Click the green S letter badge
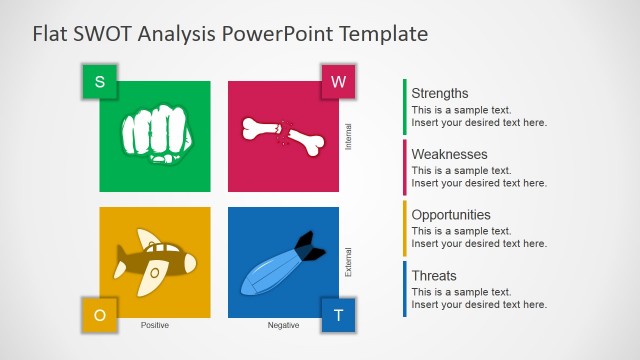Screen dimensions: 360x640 tap(99, 82)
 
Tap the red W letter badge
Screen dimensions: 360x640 tap(338, 82)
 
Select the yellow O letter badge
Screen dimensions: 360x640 tap(99, 315)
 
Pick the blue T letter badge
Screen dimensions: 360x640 tap(338, 315)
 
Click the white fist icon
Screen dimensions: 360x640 tap(154, 137)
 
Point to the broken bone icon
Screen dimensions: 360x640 tap(283, 136)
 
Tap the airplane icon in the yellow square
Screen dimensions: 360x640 tap(154, 263)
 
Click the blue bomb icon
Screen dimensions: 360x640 tap(282, 263)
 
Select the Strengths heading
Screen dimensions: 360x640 tap(440, 93)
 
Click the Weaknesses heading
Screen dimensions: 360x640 tap(450, 154)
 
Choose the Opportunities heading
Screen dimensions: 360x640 tap(451, 214)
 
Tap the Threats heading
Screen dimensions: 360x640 tap(434, 275)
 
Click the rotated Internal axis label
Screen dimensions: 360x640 tap(348, 136)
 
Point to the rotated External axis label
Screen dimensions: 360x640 tap(348, 262)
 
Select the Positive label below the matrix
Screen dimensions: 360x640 tap(155, 325)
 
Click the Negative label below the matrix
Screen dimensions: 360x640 tap(283, 325)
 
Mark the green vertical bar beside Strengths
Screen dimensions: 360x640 tap(405, 107)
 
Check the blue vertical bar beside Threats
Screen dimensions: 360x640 tap(405, 289)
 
